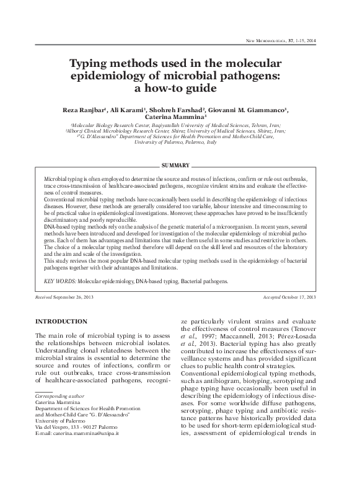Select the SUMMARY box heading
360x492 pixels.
(175, 166)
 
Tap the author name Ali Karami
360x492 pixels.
(133, 110)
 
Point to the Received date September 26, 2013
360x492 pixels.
(79, 298)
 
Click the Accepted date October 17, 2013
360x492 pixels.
(299, 298)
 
